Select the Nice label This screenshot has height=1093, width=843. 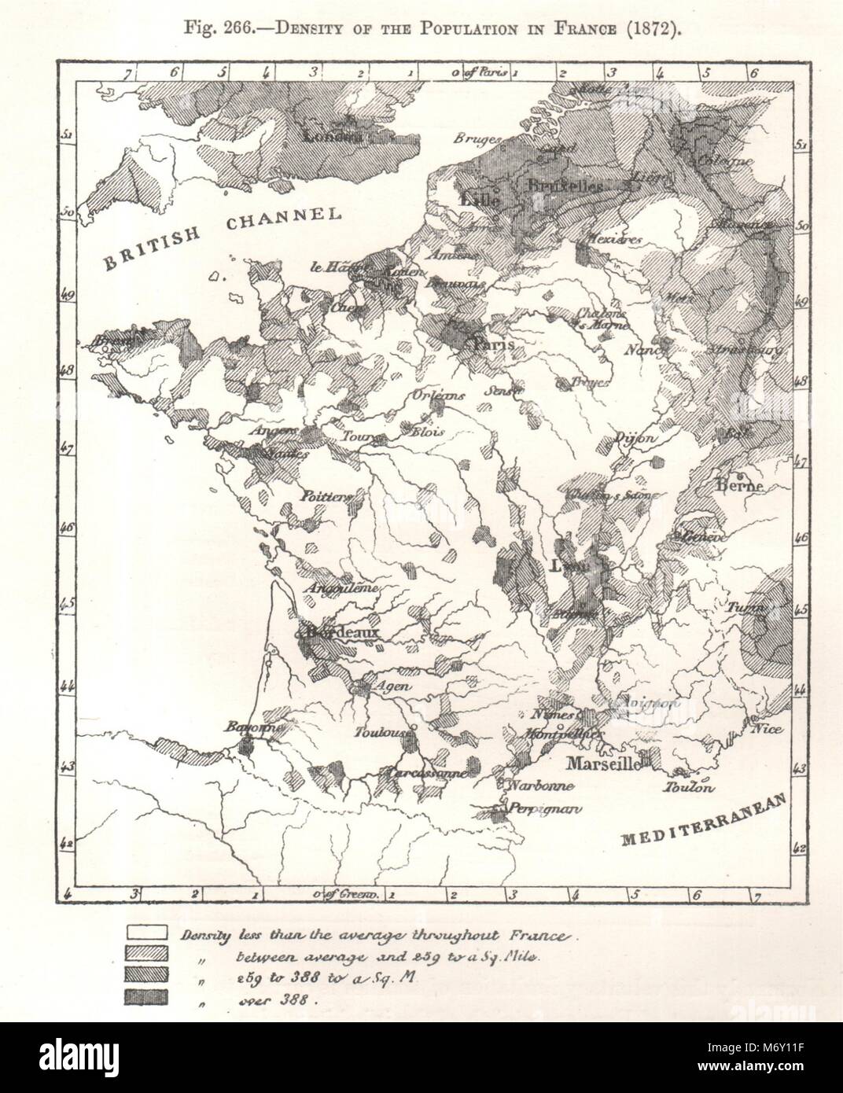click(x=767, y=729)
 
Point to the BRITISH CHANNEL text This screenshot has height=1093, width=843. click(x=222, y=237)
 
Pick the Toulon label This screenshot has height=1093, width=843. click(x=689, y=787)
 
